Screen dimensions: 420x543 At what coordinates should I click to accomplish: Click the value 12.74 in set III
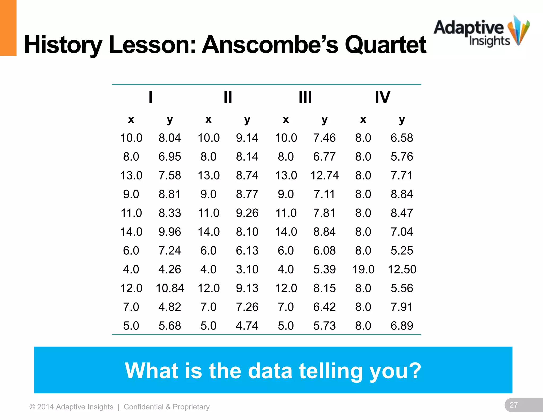(325, 175)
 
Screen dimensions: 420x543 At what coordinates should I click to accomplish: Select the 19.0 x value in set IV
(363, 269)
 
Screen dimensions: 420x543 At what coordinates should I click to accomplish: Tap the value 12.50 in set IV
(402, 269)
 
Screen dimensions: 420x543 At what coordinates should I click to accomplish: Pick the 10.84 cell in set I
(170, 288)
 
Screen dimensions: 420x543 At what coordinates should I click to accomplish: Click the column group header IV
(382, 97)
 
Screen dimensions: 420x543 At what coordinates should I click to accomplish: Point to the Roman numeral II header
(228, 97)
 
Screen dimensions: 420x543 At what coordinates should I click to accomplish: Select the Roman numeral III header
(305, 97)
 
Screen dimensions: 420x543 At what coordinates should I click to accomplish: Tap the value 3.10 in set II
(247, 269)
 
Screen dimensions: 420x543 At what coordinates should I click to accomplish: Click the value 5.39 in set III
(325, 269)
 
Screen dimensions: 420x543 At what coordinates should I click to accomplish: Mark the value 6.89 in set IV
(402, 326)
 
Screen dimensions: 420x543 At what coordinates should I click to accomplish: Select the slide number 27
(514, 405)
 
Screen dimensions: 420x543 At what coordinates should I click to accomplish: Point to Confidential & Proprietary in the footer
(167, 407)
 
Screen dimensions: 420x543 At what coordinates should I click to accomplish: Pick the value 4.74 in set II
(247, 326)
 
